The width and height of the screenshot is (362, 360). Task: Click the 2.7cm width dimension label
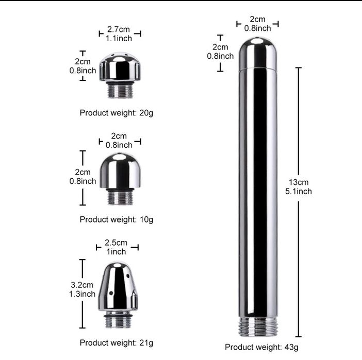point(119,29)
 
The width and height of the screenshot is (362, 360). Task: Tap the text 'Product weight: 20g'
point(117,113)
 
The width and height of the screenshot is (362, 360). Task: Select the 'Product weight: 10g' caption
point(117,219)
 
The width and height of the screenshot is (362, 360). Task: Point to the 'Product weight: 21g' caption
point(117,342)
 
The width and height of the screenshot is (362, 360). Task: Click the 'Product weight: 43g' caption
point(261,347)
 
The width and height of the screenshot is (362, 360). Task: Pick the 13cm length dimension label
point(299,182)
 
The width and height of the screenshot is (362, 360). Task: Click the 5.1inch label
point(299,191)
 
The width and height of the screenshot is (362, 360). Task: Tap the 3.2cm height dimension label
point(82,285)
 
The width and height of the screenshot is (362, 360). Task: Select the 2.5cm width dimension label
point(116,243)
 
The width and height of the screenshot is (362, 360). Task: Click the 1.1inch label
point(119,38)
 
